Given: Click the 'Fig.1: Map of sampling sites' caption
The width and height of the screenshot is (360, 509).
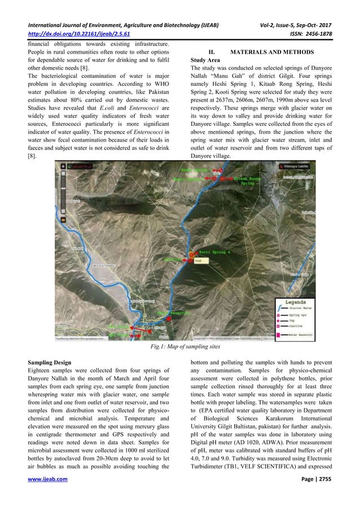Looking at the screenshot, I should [x=180, y=348].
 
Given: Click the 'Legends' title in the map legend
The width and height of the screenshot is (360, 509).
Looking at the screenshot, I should [x=302, y=302].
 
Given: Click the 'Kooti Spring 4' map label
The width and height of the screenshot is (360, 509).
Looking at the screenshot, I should [x=217, y=252].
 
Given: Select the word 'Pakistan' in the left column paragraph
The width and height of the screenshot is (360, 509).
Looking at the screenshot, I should [x=156, y=89].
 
